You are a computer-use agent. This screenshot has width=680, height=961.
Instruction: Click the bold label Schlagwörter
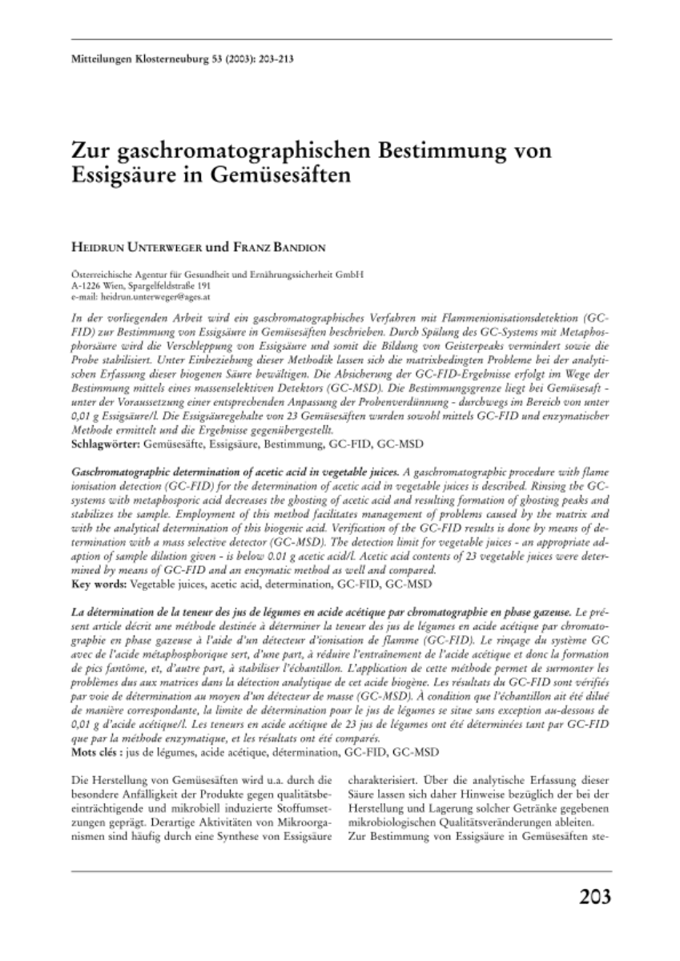point(100,441)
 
